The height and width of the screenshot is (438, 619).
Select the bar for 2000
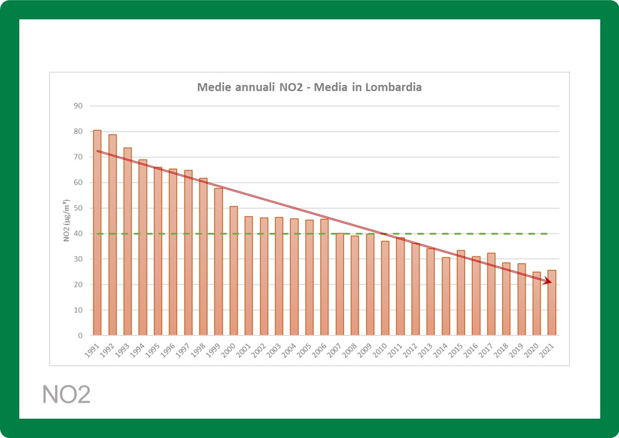pyautogui.click(x=234, y=270)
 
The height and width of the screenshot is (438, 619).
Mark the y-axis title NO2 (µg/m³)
pyautogui.click(x=65, y=220)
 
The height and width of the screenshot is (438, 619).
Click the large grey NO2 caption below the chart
pyautogui.click(x=67, y=395)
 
